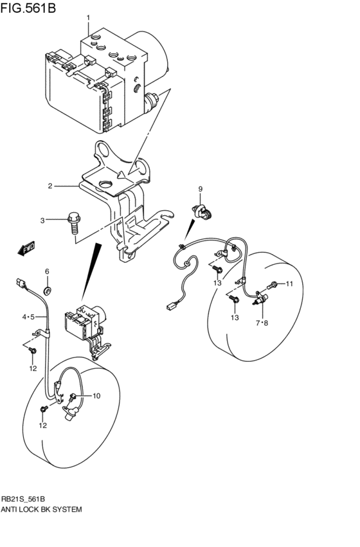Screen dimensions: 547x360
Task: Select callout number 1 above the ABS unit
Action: pos(89,17)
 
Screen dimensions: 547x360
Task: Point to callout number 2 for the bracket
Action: pos(50,186)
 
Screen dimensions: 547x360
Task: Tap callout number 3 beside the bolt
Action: pos(43,220)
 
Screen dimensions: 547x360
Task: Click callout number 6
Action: pos(47,271)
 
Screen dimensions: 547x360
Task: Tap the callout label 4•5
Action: pos(28,317)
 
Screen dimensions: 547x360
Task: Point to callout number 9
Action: pos(200,189)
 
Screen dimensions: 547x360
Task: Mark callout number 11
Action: pos(289,283)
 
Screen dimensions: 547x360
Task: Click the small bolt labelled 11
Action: pos(275,283)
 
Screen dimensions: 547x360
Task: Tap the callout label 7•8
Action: pos(262,323)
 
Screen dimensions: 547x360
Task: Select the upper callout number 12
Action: pos(33,368)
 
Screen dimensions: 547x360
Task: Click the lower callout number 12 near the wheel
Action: pos(42,426)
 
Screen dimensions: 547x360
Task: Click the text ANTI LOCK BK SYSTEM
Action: pos(42,509)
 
